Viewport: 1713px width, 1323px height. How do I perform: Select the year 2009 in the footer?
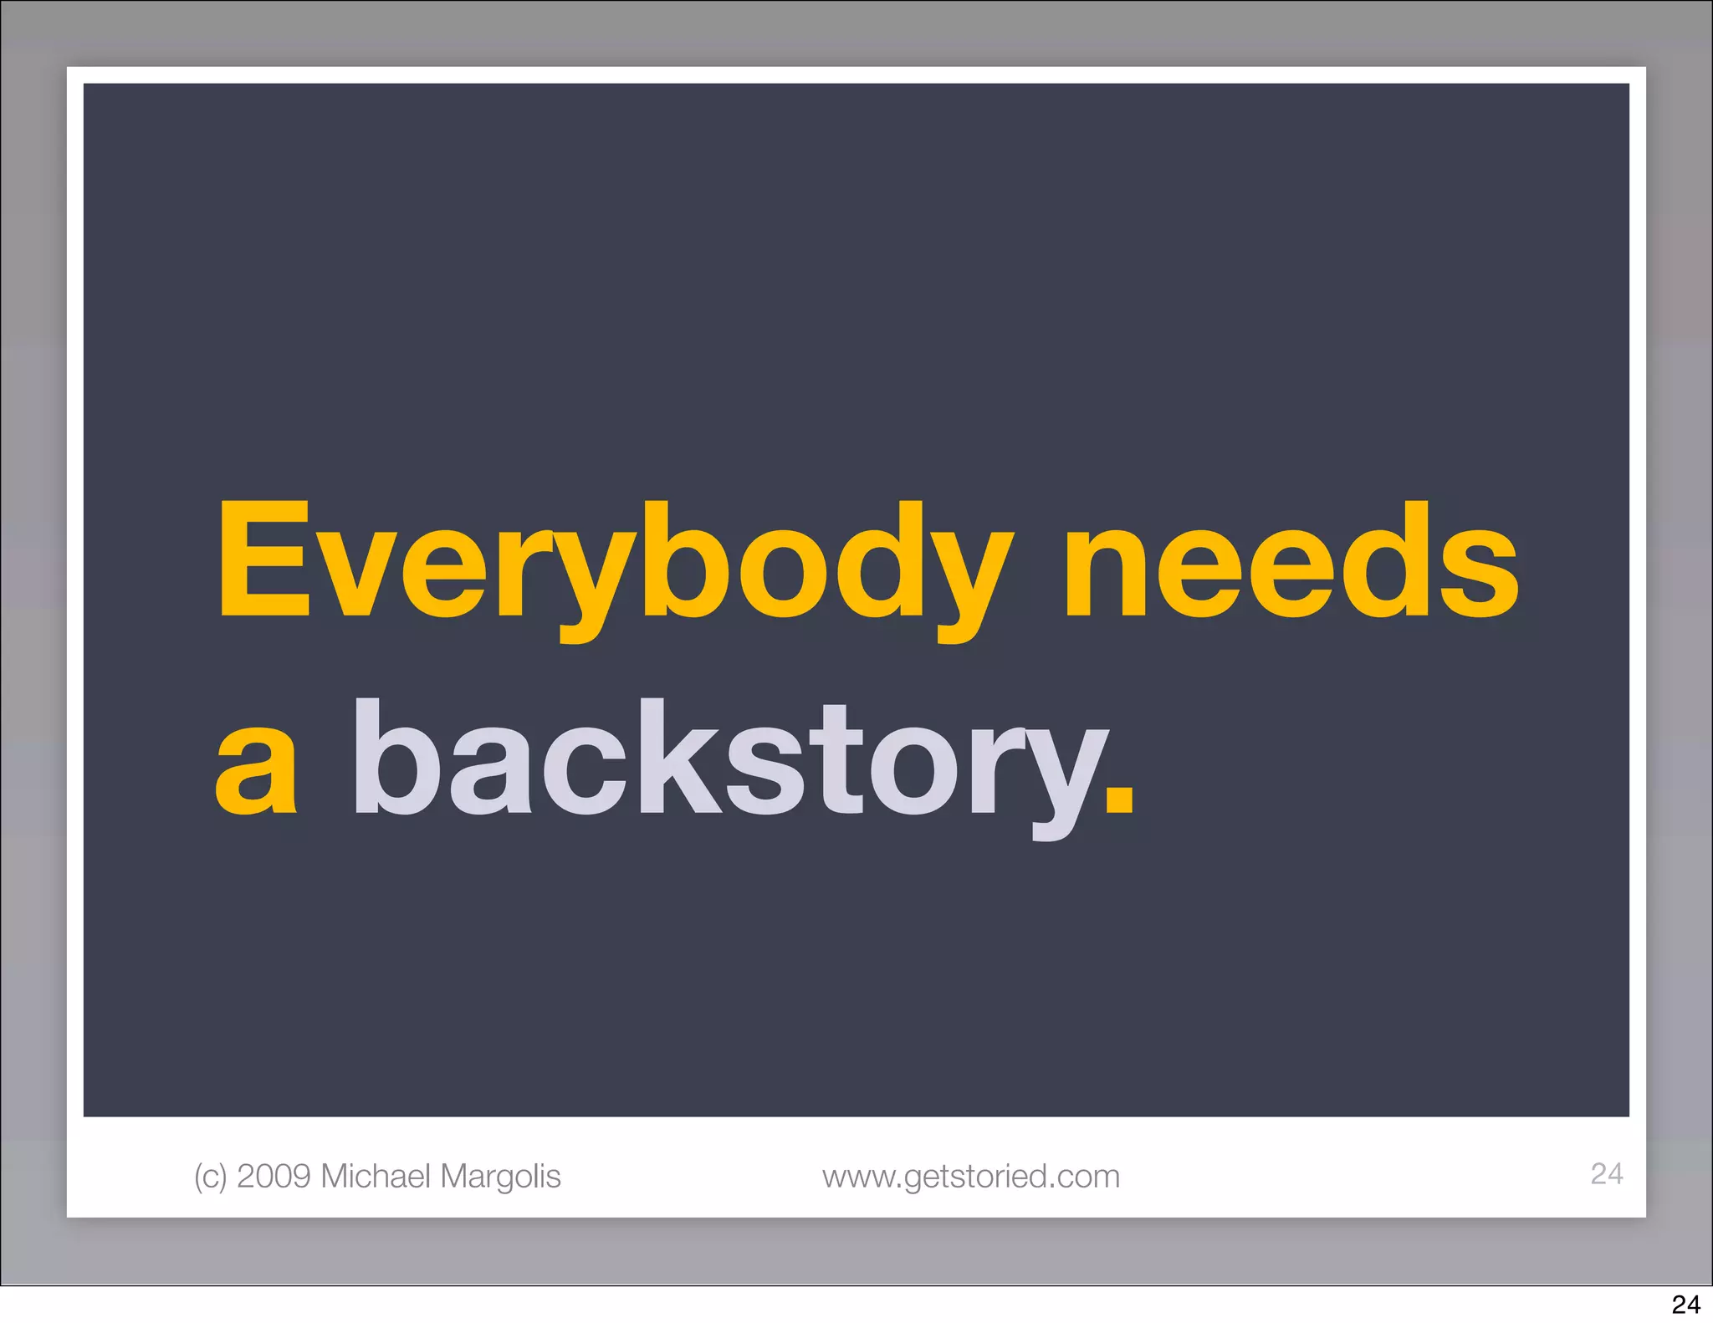click(274, 1176)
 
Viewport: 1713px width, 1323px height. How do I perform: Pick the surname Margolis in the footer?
click(500, 1176)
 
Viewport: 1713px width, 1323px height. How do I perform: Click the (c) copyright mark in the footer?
click(210, 1176)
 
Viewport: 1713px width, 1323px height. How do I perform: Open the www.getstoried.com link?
click(971, 1176)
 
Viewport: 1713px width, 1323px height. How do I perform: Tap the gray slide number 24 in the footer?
click(1607, 1173)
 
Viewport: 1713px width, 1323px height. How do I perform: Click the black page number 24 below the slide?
click(1686, 1305)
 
